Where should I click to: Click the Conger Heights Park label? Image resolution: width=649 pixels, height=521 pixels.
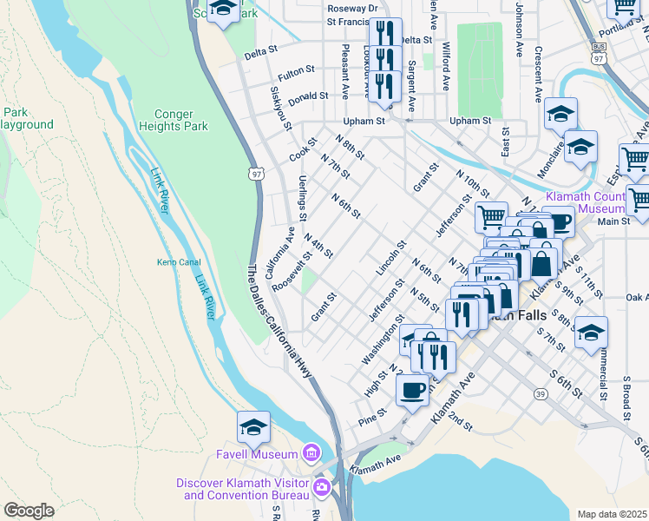pyautogui.click(x=180, y=120)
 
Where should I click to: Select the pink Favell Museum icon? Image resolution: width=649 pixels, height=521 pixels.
pyautogui.click(x=311, y=452)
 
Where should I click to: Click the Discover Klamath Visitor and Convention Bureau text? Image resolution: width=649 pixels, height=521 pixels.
pyautogui.click(x=242, y=489)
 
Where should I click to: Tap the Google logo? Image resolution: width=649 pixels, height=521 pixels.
pyautogui.click(x=29, y=511)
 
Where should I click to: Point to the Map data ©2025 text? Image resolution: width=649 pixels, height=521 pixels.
pyautogui.click(x=612, y=514)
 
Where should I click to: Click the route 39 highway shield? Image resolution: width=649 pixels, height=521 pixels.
pyautogui.click(x=541, y=394)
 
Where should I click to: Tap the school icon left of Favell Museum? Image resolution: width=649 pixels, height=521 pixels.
pyautogui.click(x=253, y=426)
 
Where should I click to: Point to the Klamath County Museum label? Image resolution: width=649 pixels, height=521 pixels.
pyautogui.click(x=586, y=202)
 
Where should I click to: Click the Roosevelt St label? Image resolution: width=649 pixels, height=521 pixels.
pyautogui.click(x=292, y=273)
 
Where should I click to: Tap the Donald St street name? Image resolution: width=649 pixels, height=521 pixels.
pyautogui.click(x=308, y=96)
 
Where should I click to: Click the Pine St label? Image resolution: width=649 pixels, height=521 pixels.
pyautogui.click(x=370, y=419)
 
